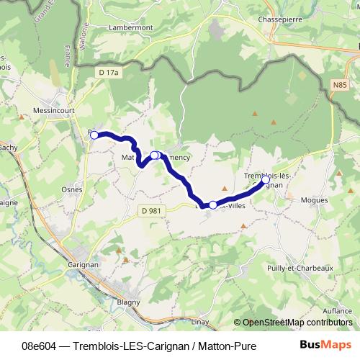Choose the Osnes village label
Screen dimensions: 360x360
click(73, 190)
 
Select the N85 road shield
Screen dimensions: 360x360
click(341, 85)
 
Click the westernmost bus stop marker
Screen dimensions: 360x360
click(94, 135)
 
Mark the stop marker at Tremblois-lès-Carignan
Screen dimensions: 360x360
click(266, 179)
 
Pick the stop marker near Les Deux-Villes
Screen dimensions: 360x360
click(212, 205)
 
